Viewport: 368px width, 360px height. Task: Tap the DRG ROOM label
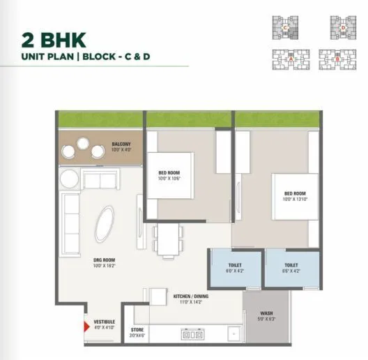(x=105, y=262)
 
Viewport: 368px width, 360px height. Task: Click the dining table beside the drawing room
(x=168, y=239)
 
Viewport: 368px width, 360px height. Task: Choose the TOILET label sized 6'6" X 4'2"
(x=291, y=266)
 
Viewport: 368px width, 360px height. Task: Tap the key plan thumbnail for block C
(x=286, y=29)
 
